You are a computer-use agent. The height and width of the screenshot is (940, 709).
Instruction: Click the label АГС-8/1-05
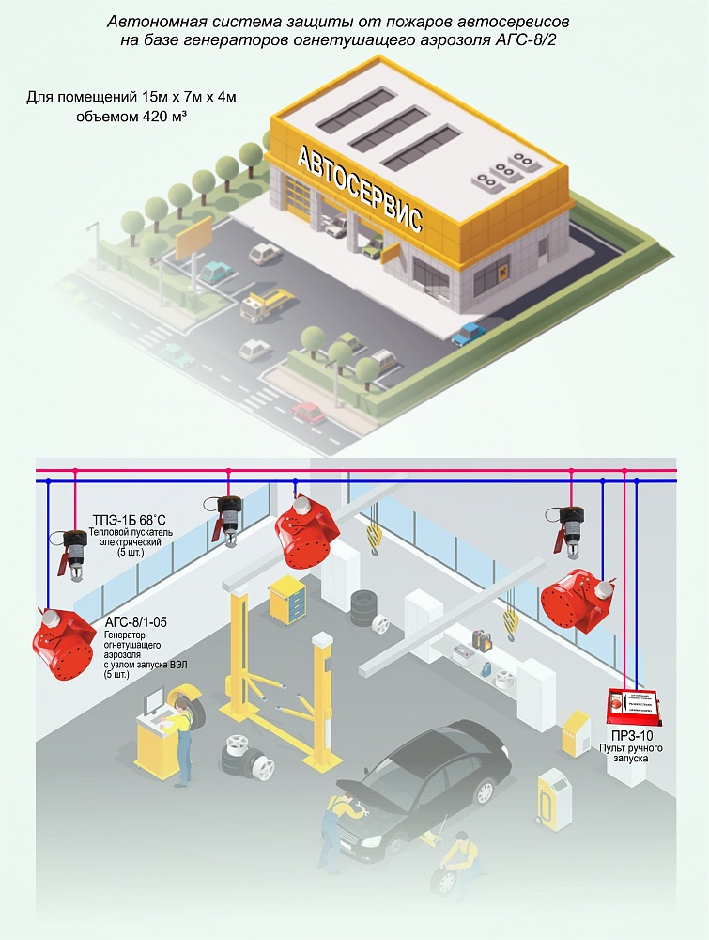point(131,622)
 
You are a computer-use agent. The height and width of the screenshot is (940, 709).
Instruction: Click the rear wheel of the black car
point(484,791)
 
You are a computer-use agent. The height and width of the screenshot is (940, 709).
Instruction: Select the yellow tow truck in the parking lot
point(267,303)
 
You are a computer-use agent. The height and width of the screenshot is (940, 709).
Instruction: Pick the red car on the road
point(308,412)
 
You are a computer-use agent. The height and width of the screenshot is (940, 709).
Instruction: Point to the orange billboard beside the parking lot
point(199,232)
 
